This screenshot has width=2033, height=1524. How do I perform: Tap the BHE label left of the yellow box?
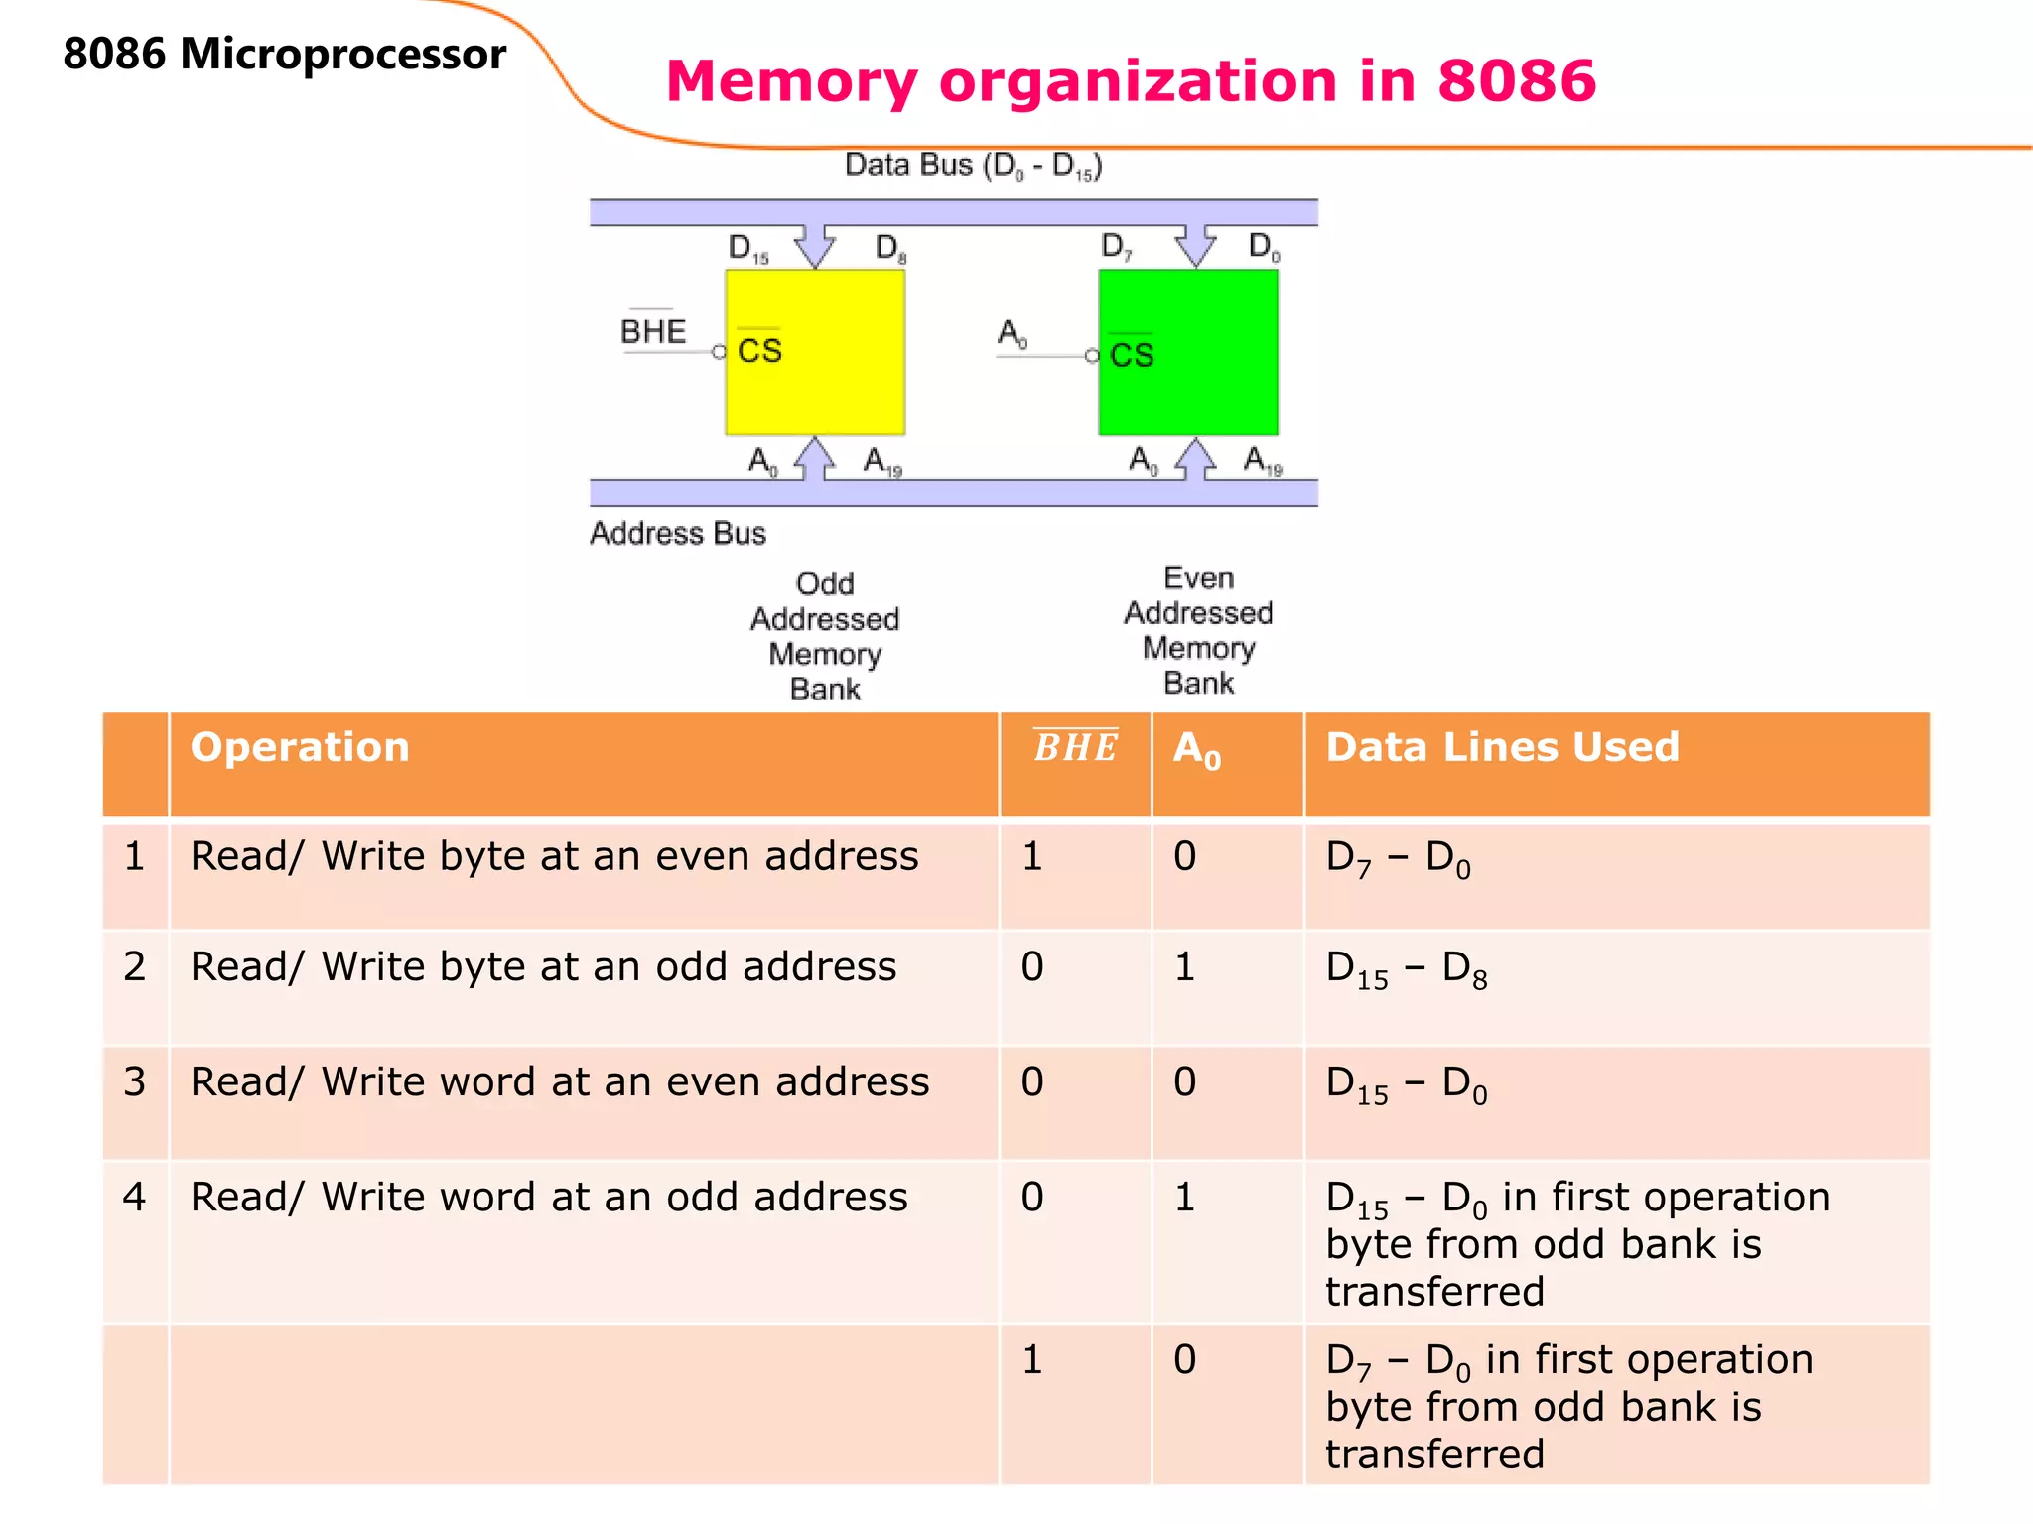click(x=652, y=331)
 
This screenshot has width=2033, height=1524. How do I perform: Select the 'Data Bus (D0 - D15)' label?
click(x=973, y=165)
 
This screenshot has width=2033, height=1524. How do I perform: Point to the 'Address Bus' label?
click(x=678, y=533)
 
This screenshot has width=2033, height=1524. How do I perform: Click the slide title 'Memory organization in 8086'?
click(x=1131, y=80)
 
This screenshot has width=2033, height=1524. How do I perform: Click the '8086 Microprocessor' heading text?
click(x=284, y=54)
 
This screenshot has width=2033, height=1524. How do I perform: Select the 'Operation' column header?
click(x=300, y=747)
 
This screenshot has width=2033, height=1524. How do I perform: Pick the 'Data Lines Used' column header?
click(x=1502, y=747)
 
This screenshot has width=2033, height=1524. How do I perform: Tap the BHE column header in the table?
click(x=1075, y=747)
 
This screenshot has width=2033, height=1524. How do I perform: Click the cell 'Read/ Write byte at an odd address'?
click(x=543, y=966)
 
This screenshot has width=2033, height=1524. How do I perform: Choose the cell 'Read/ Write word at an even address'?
click(x=560, y=1081)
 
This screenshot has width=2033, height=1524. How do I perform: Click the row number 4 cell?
click(x=135, y=1197)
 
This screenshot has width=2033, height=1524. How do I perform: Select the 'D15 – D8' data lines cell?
click(x=1406, y=968)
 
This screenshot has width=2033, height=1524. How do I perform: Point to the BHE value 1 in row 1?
click(x=1032, y=856)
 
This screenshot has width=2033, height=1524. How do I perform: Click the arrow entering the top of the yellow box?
click(x=815, y=245)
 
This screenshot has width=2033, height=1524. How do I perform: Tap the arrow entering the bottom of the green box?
click(x=1195, y=458)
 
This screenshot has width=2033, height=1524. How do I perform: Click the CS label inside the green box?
click(x=1132, y=355)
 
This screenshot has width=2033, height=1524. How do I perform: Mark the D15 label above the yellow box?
click(x=747, y=248)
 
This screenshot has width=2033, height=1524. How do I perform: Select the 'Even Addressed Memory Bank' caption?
click(x=1198, y=630)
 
